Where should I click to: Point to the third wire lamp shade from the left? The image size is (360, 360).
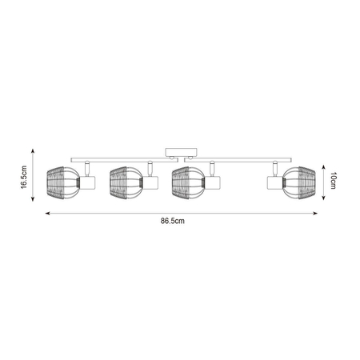(187, 183)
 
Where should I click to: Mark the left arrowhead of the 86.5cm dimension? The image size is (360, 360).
(46, 214)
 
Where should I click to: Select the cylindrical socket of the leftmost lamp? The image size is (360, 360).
(87, 184)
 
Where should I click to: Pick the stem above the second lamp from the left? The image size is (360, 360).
(149, 168)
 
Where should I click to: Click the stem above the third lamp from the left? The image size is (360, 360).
(212, 168)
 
